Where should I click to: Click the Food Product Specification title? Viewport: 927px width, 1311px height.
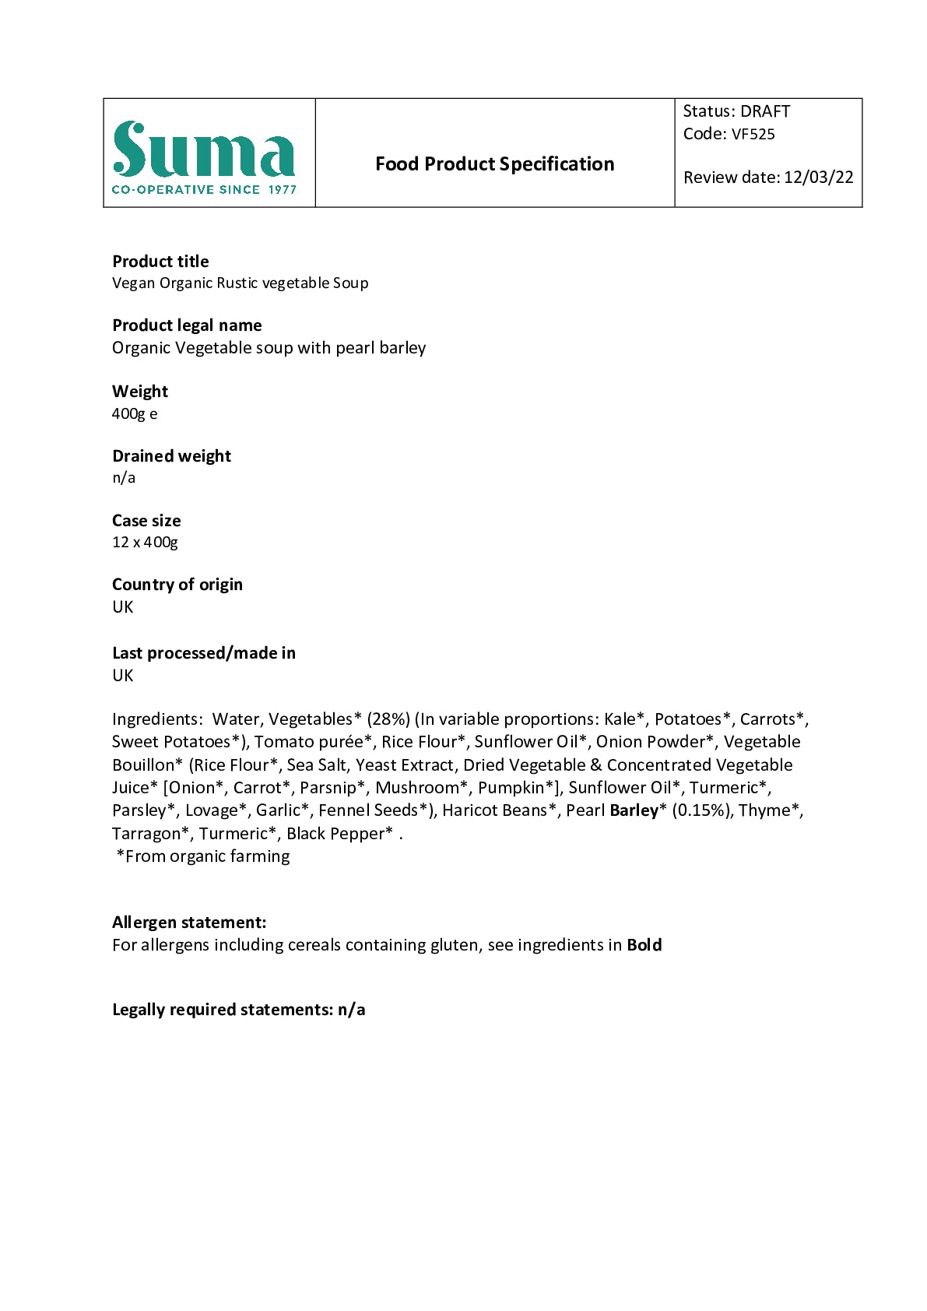click(x=494, y=164)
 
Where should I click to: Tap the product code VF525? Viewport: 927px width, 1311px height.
click(x=753, y=134)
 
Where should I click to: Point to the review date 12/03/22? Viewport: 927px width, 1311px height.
click(x=818, y=177)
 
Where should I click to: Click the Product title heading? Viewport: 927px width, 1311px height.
click(x=160, y=262)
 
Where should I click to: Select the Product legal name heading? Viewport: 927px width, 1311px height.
click(x=187, y=325)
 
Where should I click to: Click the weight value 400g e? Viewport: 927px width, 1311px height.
click(x=135, y=413)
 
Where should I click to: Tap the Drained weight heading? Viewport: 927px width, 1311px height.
click(x=171, y=456)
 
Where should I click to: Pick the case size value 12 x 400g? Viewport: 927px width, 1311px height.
click(x=145, y=542)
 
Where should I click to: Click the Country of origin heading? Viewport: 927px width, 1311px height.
click(x=177, y=585)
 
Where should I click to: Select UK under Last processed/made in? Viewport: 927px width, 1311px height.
click(x=123, y=675)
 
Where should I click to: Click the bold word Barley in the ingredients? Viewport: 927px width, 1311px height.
click(x=634, y=810)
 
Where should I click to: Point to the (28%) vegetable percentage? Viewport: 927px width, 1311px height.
click(x=388, y=719)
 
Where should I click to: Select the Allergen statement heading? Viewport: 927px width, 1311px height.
click(x=189, y=923)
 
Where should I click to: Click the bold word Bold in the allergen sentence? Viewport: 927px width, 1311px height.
click(x=644, y=945)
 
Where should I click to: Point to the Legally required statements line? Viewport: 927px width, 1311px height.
click(x=238, y=1010)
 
